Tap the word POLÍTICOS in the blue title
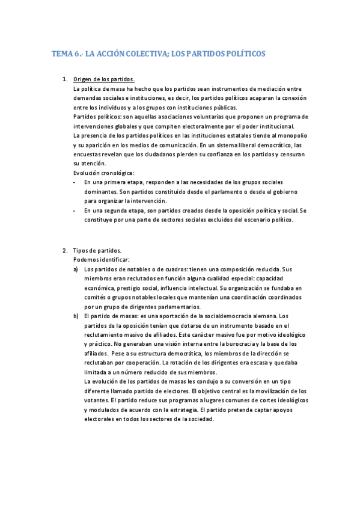pyautogui.click(x=240, y=54)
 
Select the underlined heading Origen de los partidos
pyautogui.click(x=103, y=79)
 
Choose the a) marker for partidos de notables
pyautogui.click(x=76, y=269)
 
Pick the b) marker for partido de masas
pyautogui.click(x=76, y=316)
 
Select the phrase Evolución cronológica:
pyautogui.click(x=103, y=173)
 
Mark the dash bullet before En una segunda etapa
pyautogui.click(x=73, y=210)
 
